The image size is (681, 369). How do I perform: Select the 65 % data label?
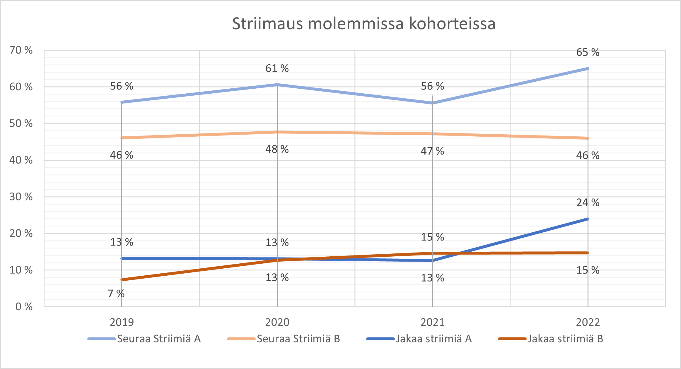tap(588, 52)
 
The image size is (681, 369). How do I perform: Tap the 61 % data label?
tap(277, 68)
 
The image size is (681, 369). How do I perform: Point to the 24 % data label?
tap(588, 202)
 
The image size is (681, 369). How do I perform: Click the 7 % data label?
tap(116, 294)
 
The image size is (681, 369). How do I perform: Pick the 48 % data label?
tap(277, 149)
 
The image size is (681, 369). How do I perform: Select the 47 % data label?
tap(432, 151)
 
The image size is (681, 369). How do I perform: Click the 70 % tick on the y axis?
tap(21, 50)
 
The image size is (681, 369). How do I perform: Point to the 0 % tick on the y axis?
tap(24, 306)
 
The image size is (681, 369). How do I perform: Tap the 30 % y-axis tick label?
tap(21, 197)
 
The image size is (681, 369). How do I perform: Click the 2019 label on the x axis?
tap(122, 322)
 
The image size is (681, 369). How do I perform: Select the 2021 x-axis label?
tap(432, 322)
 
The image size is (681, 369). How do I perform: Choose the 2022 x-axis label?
tap(588, 322)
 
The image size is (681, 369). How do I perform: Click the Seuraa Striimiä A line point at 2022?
tap(588, 69)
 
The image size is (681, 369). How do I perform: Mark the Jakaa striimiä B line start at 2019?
tap(122, 280)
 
